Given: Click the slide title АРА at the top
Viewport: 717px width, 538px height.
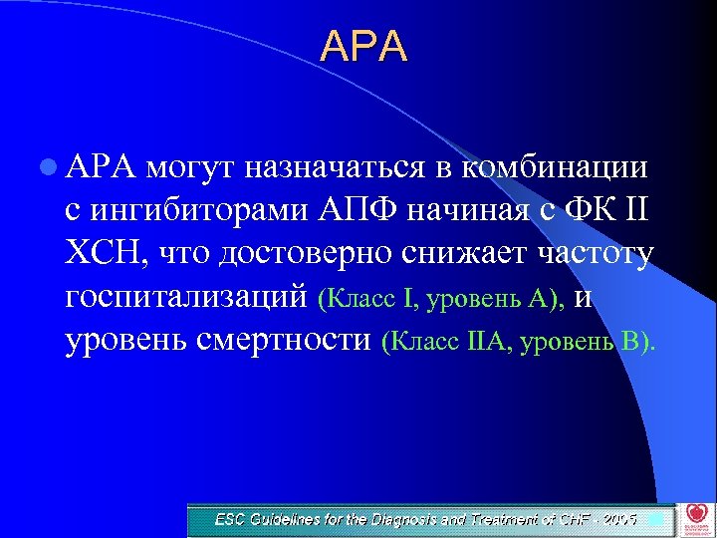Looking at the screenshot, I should (x=363, y=47).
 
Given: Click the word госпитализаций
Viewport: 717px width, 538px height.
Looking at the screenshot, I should (x=186, y=297).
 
